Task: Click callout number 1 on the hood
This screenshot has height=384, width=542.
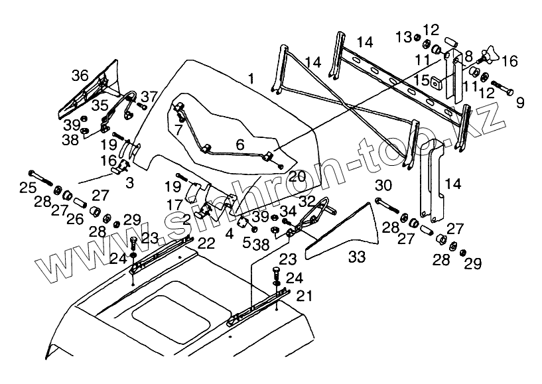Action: tap(251, 79)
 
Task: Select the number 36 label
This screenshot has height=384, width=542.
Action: tap(80, 76)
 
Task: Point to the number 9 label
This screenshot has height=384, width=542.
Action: tap(519, 102)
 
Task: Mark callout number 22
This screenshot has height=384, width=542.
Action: tap(206, 243)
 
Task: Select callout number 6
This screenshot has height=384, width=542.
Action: tap(240, 143)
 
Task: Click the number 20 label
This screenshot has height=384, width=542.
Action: tap(297, 176)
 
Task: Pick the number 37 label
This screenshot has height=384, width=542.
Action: tap(148, 96)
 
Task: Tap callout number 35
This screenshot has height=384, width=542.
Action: tap(100, 105)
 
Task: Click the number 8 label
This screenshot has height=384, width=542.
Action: tap(468, 56)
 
